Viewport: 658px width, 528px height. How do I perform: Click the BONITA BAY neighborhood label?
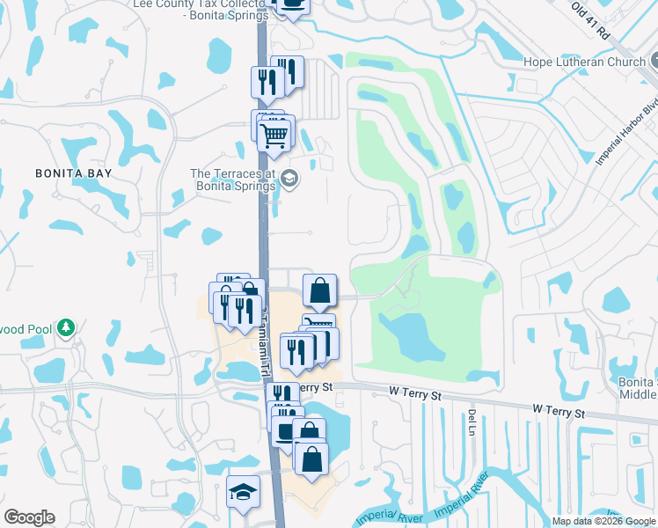pos(74,173)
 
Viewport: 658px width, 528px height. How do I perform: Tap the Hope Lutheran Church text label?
pos(585,62)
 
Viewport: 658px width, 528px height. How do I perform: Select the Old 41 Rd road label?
pos(590,18)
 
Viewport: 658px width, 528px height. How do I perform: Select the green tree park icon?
pos(65,328)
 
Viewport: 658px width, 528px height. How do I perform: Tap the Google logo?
pos(29,517)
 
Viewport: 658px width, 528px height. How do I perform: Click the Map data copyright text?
pos(603,521)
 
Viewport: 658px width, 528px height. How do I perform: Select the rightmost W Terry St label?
pos(559,411)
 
